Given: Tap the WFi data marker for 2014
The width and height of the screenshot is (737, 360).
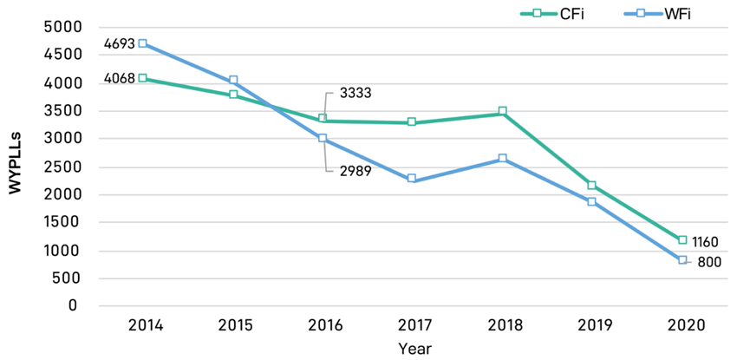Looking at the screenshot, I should [142, 43].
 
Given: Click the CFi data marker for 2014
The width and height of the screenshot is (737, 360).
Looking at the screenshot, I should [142, 78].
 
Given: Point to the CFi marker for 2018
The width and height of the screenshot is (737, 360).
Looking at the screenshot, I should [502, 111].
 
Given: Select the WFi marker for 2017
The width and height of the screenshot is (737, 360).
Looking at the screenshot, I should [412, 178].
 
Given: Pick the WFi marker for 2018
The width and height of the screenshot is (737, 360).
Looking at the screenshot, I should [502, 158].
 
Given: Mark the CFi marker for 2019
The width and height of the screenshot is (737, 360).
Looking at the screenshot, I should [592, 185].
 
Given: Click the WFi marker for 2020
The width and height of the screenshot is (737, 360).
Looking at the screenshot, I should [682, 259].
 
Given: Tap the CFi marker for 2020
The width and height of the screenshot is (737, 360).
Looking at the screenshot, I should [682, 239].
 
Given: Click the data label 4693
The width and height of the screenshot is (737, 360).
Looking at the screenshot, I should [119, 43].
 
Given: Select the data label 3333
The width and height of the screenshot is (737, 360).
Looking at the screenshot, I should [355, 93].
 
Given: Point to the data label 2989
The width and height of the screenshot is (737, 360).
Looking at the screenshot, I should [355, 170].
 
